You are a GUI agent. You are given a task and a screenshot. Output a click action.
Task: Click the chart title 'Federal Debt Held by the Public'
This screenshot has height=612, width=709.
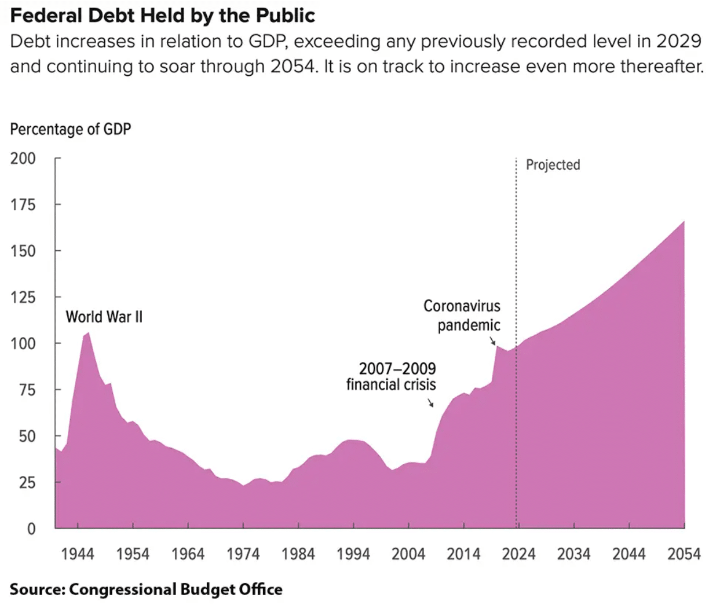click(x=163, y=16)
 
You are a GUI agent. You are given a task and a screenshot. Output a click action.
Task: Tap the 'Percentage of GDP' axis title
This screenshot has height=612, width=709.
click(x=71, y=129)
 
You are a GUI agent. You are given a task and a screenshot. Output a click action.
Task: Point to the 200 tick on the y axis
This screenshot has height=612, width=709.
click(x=23, y=158)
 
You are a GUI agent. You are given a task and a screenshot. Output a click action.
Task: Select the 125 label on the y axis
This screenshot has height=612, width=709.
click(x=23, y=297)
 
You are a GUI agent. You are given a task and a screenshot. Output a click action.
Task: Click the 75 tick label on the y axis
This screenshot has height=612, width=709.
click(x=27, y=390)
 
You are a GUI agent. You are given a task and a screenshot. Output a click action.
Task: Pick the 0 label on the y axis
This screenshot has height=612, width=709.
click(x=31, y=529)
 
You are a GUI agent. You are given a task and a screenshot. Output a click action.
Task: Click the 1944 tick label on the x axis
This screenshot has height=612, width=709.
click(x=78, y=554)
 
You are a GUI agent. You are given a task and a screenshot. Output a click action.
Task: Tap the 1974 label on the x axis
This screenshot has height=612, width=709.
click(x=243, y=554)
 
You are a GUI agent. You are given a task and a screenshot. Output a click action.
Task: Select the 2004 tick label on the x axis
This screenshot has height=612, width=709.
click(x=408, y=554)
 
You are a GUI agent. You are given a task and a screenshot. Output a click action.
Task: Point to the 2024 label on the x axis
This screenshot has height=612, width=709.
click(x=518, y=554)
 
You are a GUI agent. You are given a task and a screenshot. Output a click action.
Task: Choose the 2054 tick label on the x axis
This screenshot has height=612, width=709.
click(x=684, y=554)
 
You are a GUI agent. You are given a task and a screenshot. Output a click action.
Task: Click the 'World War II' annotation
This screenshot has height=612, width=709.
click(x=104, y=317)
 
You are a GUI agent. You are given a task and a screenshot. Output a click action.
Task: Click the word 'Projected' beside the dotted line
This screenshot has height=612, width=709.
click(x=553, y=165)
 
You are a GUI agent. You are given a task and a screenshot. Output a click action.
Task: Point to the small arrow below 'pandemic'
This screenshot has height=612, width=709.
click(x=493, y=340)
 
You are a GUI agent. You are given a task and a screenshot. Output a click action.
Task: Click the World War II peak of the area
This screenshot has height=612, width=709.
click(x=87, y=333)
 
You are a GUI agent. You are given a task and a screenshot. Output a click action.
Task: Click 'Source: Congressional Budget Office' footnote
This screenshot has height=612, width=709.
click(x=146, y=589)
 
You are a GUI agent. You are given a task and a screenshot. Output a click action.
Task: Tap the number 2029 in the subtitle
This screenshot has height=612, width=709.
click(x=678, y=42)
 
